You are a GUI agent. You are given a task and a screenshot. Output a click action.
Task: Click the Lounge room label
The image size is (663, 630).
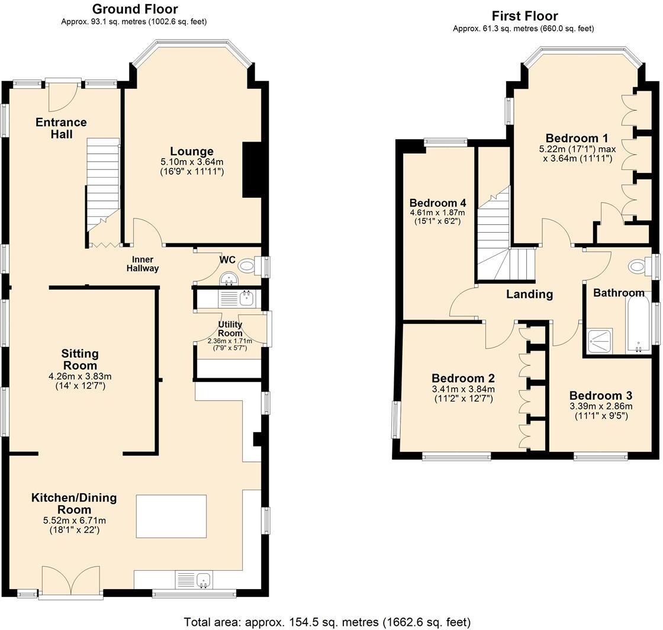tap(192, 151)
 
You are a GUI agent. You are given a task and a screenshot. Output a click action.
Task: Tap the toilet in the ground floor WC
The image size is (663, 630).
tap(249, 266)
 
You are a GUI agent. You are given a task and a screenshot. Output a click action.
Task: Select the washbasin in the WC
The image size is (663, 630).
tap(228, 278)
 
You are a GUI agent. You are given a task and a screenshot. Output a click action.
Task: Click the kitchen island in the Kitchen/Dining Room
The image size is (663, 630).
tap(171, 516)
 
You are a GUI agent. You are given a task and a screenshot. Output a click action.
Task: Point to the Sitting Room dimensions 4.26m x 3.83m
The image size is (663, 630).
tap(81, 377)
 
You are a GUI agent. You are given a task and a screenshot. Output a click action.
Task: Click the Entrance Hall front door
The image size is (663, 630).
tap(63, 95)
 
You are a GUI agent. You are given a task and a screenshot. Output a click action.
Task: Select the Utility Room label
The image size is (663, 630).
tap(230, 329)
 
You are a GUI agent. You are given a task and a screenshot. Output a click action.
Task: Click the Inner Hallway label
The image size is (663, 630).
tap(143, 264)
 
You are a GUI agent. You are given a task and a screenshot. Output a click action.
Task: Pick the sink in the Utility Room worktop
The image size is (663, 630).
tap(246, 298)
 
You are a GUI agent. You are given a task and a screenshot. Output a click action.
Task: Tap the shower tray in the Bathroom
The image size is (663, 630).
tap(599, 342)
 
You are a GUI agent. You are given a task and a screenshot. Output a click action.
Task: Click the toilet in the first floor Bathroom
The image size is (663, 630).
tap(639, 267)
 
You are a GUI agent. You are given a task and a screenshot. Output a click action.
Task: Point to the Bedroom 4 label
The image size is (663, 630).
tap(437, 202)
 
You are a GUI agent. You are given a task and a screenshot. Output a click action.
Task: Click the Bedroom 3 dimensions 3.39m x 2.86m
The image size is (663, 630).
tap(601, 406)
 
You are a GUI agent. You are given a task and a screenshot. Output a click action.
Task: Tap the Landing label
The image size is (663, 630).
tap(529, 294)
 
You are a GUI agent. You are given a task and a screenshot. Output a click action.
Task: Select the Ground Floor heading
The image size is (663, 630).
tap(135, 9)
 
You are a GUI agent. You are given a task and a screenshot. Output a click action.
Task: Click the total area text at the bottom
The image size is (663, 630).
tap(327, 622)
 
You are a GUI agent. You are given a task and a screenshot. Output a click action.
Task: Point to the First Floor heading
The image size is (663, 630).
tap(524, 16)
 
